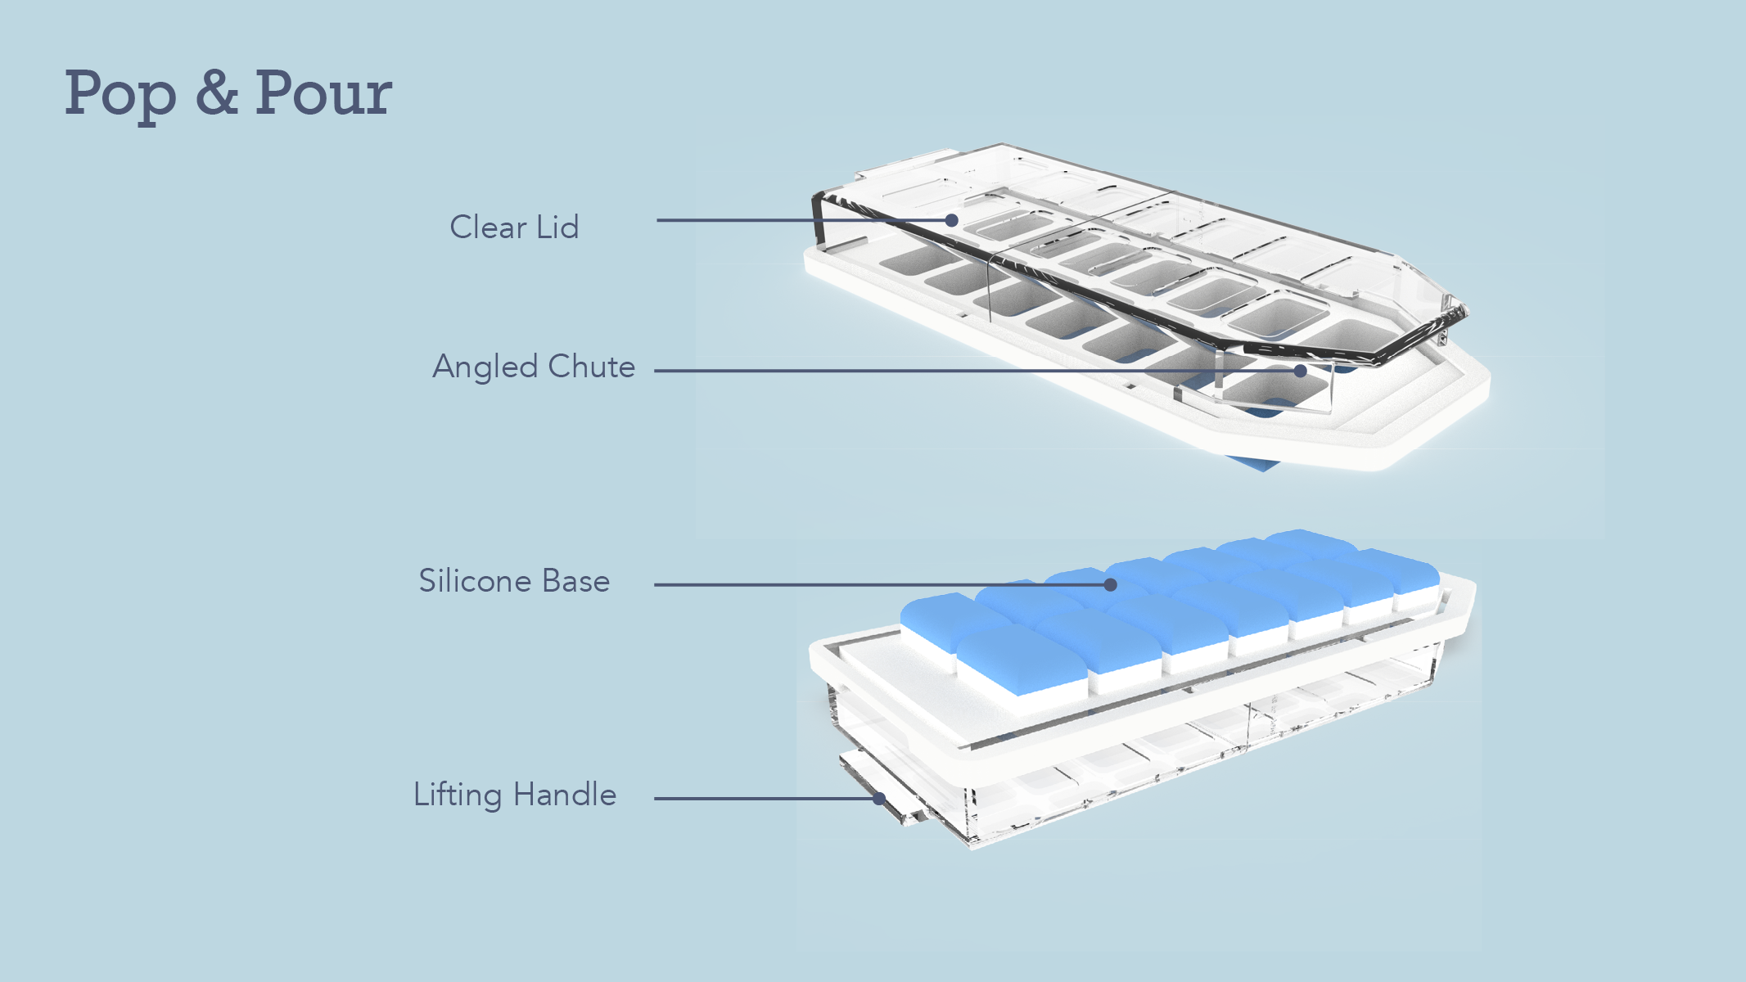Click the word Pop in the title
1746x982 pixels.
click(x=120, y=95)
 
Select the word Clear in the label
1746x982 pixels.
click(x=488, y=227)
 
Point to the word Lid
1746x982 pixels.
click(x=557, y=227)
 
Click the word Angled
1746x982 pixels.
click(x=485, y=367)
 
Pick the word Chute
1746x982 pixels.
click(x=591, y=367)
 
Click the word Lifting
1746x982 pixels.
click(x=458, y=795)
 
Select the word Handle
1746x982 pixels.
click(x=565, y=795)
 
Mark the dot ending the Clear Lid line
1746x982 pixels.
click(x=951, y=220)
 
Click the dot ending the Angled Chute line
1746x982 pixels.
click(x=1300, y=371)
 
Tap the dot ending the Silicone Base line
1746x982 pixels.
click(x=1110, y=584)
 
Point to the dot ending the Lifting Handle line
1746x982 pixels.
click(x=879, y=799)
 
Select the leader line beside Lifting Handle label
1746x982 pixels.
click(x=761, y=799)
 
